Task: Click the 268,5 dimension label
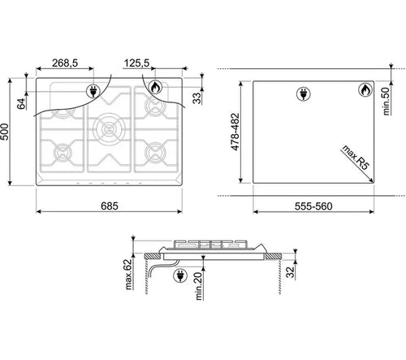pyautogui.click(x=65, y=63)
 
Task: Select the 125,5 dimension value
pyautogui.click(x=136, y=63)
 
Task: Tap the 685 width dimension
pyautogui.click(x=110, y=206)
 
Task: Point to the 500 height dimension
pyautogui.click(x=5, y=132)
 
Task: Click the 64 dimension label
pyautogui.click(x=21, y=104)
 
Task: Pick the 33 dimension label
pyautogui.click(x=197, y=98)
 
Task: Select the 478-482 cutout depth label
pyautogui.click(x=235, y=132)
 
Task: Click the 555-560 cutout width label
pyautogui.click(x=313, y=206)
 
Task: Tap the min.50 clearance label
pyautogui.click(x=387, y=101)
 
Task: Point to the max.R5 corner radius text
pyautogui.click(x=356, y=158)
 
